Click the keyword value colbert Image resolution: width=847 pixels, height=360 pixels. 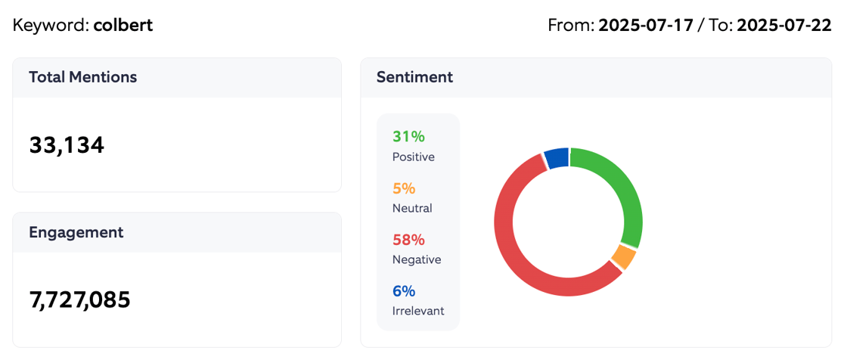point(123,25)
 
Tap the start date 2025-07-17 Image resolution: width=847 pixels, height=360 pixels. point(646,25)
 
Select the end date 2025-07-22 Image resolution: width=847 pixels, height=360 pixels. point(784,25)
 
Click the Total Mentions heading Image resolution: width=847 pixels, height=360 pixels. point(83,77)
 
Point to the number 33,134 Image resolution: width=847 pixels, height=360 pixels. point(67,145)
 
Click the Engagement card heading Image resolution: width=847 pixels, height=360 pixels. point(76,232)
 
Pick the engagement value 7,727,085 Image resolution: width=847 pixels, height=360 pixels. point(79,299)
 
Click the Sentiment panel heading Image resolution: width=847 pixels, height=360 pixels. point(414,77)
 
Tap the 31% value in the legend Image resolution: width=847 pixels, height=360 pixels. point(408,137)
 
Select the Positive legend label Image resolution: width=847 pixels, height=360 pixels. point(414,157)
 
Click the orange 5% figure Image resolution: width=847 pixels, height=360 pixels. point(404,188)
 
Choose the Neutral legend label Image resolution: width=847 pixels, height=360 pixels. point(412,208)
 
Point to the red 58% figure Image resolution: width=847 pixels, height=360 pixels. point(408,240)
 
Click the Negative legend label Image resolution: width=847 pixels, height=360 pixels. point(417,259)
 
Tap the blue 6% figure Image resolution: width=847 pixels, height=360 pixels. point(404,291)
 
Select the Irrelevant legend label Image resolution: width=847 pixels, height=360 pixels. point(418,311)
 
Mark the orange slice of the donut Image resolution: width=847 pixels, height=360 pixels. point(623,257)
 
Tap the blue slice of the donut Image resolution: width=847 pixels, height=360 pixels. point(557,158)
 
